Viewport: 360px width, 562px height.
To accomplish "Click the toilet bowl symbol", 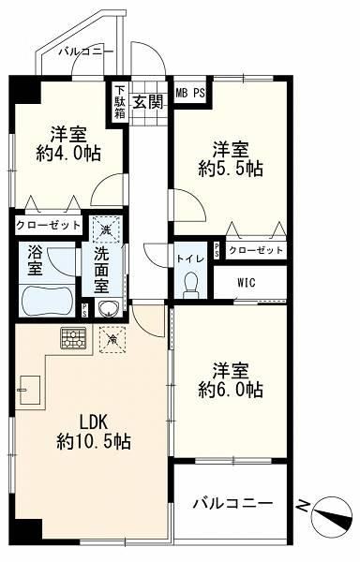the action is pyautogui.click(x=190, y=285).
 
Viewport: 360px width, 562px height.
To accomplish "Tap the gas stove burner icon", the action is pyautogui.click(x=73, y=338).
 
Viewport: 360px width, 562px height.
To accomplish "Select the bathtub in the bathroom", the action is pyautogui.click(x=46, y=301).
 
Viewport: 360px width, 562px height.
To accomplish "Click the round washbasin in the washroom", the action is pyautogui.click(x=107, y=308).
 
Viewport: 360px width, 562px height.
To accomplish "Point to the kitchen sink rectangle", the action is pyautogui.click(x=30, y=390).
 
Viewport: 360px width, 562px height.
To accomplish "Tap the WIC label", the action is pyautogui.click(x=247, y=283).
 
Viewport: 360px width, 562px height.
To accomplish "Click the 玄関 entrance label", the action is pyautogui.click(x=148, y=102).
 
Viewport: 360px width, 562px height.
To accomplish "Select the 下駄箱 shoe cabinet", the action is pyautogui.click(x=119, y=102).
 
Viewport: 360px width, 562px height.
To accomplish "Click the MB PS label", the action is pyautogui.click(x=190, y=93).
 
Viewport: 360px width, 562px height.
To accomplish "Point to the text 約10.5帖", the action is pyautogui.click(x=94, y=441).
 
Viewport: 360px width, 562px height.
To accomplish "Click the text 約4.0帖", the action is pyautogui.click(x=68, y=154).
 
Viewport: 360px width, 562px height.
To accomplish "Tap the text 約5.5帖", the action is pyautogui.click(x=231, y=169).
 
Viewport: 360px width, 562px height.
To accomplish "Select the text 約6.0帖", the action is pyautogui.click(x=231, y=390).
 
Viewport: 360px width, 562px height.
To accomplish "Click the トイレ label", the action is pyautogui.click(x=190, y=259).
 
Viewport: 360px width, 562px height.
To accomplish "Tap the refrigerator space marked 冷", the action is pyautogui.click(x=112, y=339).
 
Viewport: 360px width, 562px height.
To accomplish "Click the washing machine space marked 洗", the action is pyautogui.click(x=106, y=229).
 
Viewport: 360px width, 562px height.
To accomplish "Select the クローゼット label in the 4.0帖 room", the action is pyautogui.click(x=49, y=225).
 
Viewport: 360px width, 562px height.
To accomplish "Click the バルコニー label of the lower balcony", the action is pyautogui.click(x=233, y=504).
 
